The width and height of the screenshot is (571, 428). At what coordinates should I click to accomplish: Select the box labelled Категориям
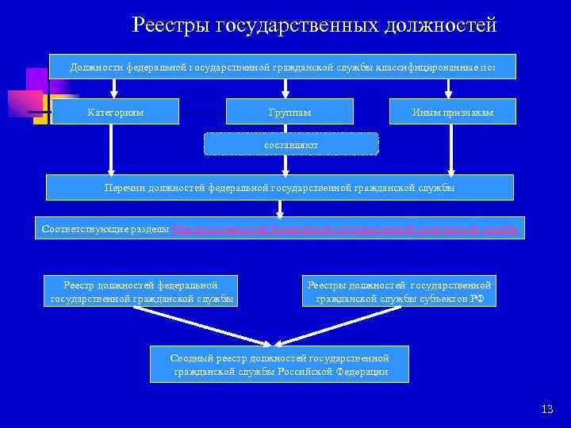click(x=116, y=112)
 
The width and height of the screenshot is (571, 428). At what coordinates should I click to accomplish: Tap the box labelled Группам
click(x=289, y=112)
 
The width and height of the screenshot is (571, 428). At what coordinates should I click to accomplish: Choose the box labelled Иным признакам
click(x=452, y=112)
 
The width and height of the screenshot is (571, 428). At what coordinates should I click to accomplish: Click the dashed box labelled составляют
click(x=291, y=144)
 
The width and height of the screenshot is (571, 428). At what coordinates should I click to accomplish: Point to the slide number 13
click(x=546, y=409)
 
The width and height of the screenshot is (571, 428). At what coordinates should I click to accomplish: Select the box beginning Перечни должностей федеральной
click(x=280, y=188)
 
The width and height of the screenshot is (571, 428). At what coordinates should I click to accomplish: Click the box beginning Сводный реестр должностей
click(x=280, y=365)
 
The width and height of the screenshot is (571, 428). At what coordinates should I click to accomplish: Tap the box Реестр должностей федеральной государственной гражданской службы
click(x=142, y=291)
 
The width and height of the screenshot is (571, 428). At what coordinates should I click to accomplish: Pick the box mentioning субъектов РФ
click(x=399, y=291)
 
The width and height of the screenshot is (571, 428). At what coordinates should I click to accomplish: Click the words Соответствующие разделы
click(x=105, y=228)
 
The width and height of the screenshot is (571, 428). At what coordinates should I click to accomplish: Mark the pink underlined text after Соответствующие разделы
click(x=345, y=228)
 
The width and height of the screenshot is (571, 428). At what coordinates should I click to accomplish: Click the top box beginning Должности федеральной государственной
click(x=282, y=67)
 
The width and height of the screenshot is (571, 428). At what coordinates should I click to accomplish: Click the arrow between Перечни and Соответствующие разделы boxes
click(x=278, y=208)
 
